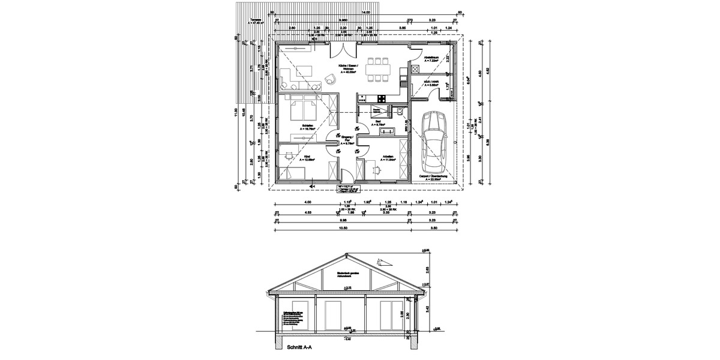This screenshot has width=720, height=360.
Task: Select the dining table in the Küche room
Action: [377, 69]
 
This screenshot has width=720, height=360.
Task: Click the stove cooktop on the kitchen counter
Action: [379, 98]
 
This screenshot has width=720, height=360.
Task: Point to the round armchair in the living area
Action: [330, 78]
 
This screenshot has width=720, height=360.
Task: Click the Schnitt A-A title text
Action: [300, 347]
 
